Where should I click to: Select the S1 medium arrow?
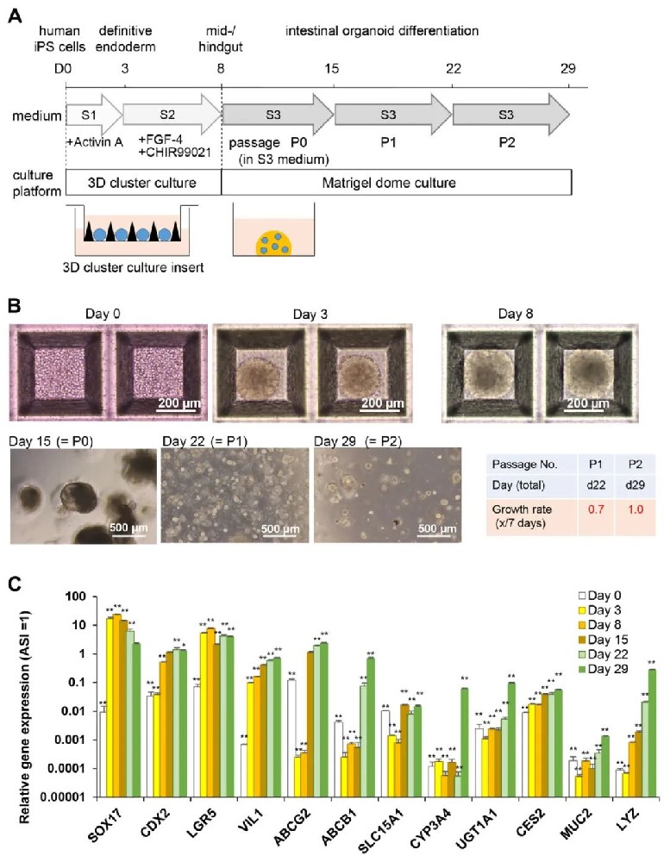tap(89, 114)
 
